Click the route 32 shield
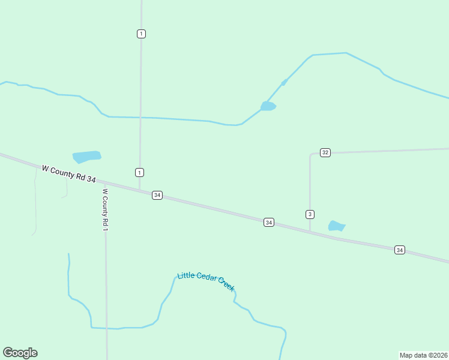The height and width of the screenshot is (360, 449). click(x=325, y=152)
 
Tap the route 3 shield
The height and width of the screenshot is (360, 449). click(x=310, y=214)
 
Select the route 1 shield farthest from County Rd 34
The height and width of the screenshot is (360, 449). click(x=141, y=34)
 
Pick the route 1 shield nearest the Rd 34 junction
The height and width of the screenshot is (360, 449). click(x=139, y=173)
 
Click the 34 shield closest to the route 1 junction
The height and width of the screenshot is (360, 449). click(x=157, y=195)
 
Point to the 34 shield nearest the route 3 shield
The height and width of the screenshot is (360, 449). click(x=269, y=223)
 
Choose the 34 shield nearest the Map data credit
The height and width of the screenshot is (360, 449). click(x=400, y=250)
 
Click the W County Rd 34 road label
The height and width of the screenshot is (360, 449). click(x=69, y=175)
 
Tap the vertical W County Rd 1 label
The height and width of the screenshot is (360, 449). click(x=105, y=210)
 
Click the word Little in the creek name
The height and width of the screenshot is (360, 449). click(x=186, y=275)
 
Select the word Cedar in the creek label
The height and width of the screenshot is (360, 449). click(x=206, y=278)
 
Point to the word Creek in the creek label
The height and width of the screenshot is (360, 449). click(x=226, y=285)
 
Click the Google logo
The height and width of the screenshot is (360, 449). click(x=20, y=353)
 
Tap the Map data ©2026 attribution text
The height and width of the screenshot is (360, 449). click(x=423, y=355)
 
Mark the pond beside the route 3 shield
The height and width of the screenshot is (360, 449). click(x=337, y=226)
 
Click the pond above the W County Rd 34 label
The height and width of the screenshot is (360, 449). click(x=86, y=157)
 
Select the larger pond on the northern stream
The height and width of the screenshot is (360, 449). click(x=268, y=106)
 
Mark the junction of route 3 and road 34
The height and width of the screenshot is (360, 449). click(x=310, y=230)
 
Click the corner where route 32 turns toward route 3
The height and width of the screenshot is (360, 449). click(x=311, y=155)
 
